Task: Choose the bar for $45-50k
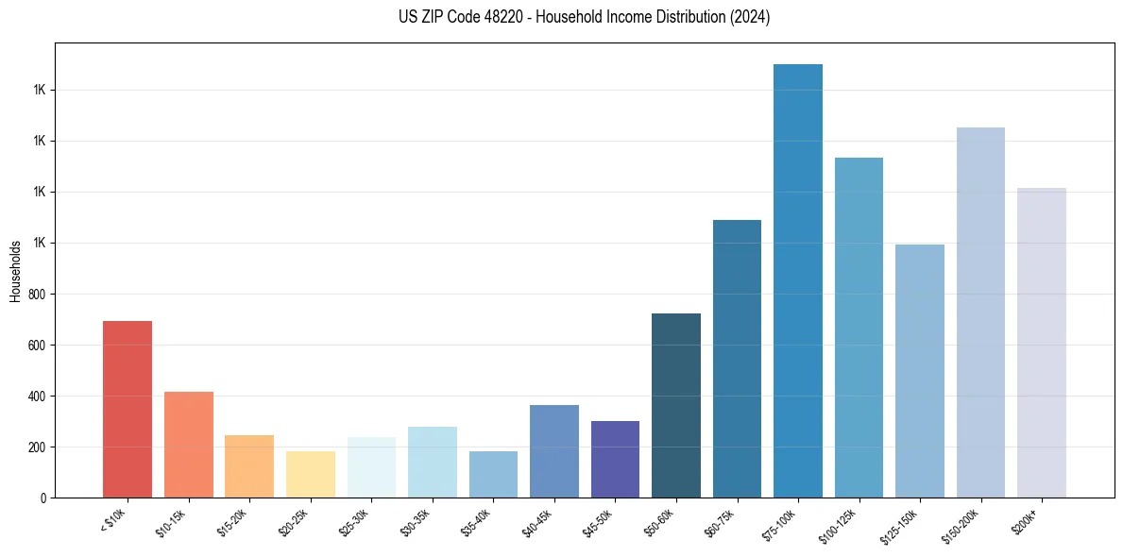615,459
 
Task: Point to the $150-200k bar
980,312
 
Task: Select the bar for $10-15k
189,444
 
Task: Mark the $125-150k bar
920,370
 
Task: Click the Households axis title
15,271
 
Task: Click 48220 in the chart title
511,17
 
